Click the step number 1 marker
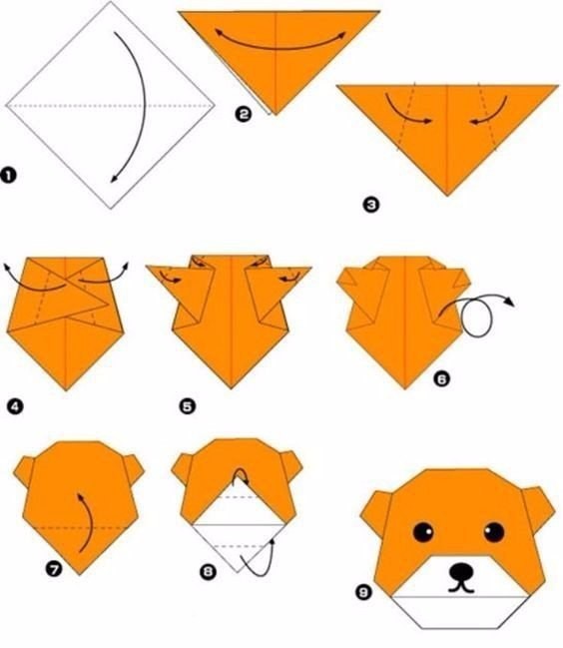8,175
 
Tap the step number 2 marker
244,114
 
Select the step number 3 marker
371,205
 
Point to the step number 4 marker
15,407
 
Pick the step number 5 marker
187,406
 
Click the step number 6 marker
441,379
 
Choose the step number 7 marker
54,569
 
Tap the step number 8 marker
208,572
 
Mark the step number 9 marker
363,593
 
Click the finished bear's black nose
461,572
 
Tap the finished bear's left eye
423,532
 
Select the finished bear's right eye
494,532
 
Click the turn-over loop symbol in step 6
476,315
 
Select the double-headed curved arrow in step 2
281,48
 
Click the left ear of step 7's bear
25,472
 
